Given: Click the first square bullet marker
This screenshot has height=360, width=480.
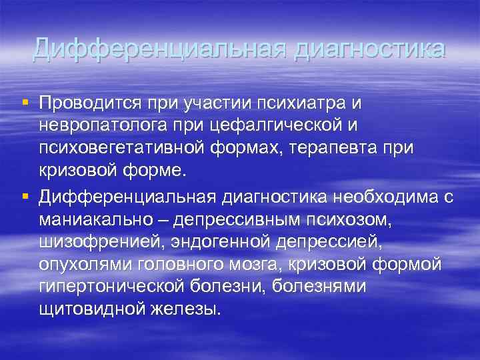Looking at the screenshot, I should point(25,101).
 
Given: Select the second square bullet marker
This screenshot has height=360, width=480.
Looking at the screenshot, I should point(25,195).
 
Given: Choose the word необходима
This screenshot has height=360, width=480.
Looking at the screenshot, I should point(379,197).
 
